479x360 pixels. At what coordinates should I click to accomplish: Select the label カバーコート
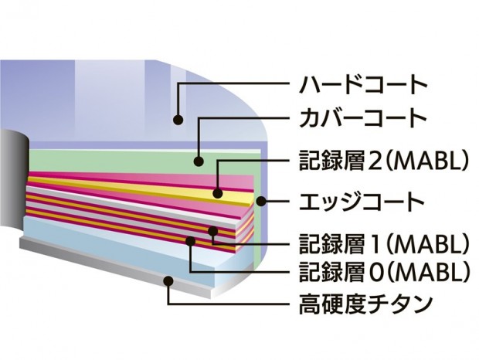coord(363,118)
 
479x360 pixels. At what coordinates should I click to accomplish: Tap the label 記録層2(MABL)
coord(384,161)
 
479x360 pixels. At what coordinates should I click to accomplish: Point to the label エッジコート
coord(362,202)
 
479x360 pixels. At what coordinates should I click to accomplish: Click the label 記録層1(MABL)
coord(384,244)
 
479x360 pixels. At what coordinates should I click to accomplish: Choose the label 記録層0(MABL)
coord(384,272)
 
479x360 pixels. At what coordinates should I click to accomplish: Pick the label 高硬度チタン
coord(365,304)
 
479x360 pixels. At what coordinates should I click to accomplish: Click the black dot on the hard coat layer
coord(178,120)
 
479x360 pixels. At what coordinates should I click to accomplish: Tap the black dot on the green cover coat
coord(199,161)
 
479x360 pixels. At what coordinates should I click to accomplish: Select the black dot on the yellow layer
coord(218,193)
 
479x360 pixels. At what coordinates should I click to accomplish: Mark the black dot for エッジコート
coord(261,202)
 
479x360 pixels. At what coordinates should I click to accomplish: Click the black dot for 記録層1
coord(213,231)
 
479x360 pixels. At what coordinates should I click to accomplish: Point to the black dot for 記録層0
coord(190,241)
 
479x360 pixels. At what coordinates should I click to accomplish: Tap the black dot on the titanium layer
coord(168,280)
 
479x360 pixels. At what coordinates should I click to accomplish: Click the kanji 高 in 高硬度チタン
coord(309,304)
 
